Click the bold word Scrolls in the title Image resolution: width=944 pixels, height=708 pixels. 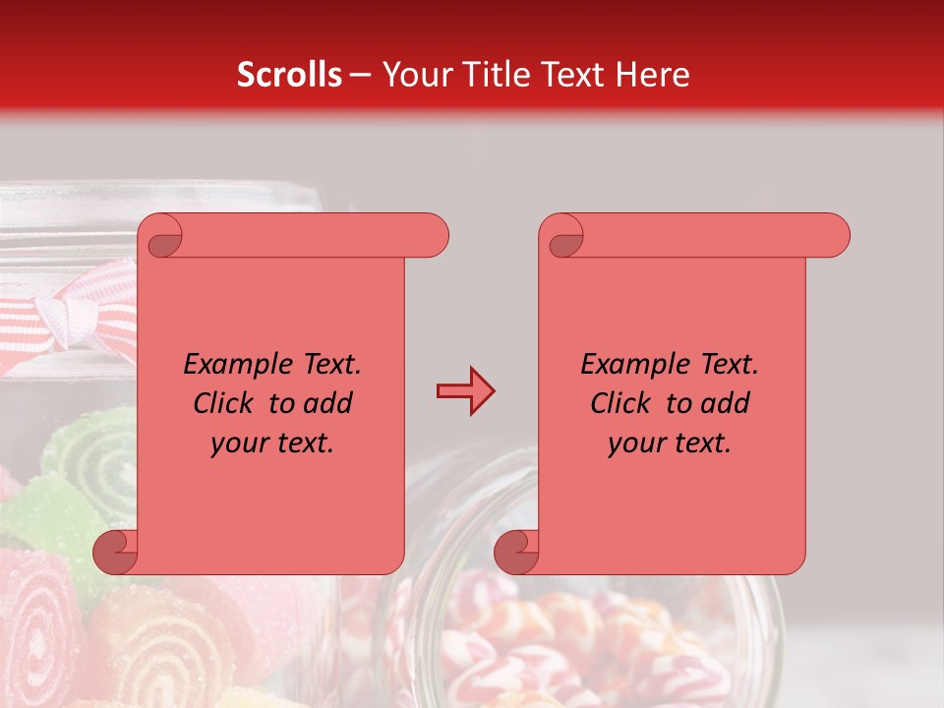click(x=289, y=75)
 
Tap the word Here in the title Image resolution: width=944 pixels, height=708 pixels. click(x=652, y=75)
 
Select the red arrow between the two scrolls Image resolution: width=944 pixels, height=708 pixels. click(x=465, y=391)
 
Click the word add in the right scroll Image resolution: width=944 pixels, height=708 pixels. click(x=727, y=403)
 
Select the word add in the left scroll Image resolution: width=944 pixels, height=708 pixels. click(x=329, y=403)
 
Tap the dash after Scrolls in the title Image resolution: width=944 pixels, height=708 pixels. click(x=360, y=75)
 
